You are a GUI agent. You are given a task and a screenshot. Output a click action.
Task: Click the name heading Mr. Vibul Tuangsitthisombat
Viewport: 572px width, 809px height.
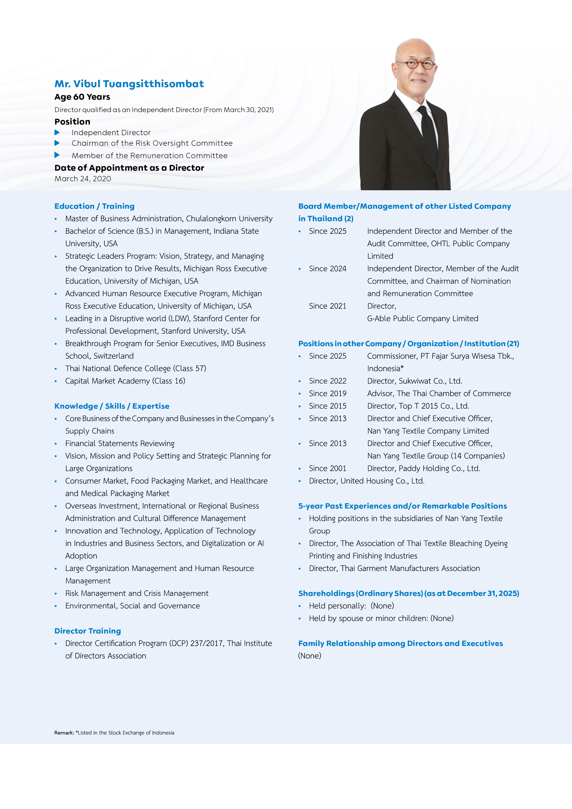(129, 84)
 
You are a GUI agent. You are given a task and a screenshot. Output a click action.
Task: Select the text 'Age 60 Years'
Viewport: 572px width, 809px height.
(82, 97)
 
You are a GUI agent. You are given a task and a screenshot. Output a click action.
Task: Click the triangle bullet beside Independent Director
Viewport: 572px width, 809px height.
(57, 132)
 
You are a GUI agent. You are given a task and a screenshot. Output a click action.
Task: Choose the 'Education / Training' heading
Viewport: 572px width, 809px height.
(94, 206)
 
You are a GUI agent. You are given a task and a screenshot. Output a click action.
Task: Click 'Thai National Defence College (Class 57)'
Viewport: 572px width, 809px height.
(136, 369)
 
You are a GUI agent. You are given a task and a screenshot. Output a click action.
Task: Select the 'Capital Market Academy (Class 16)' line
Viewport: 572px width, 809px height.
(125, 381)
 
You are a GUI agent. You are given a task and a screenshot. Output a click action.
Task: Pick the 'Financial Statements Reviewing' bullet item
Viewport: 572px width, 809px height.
(120, 443)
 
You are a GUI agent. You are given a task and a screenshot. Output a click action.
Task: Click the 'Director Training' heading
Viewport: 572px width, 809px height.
(88, 631)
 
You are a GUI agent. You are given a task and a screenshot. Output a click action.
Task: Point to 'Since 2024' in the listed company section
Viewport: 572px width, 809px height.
(328, 268)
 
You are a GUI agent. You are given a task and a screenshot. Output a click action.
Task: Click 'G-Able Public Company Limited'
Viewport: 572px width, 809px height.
(423, 318)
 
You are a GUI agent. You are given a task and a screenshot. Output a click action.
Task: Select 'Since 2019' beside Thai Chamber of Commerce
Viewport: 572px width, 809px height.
(328, 394)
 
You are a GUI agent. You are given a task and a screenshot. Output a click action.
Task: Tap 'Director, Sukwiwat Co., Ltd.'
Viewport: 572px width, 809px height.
(415, 381)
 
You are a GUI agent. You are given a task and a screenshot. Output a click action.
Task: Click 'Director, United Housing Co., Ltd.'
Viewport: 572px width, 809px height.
(367, 481)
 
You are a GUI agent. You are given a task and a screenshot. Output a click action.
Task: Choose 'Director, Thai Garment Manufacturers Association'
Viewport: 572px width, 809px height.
(394, 568)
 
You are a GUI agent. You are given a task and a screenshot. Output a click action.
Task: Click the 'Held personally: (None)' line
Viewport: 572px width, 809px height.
(351, 606)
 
